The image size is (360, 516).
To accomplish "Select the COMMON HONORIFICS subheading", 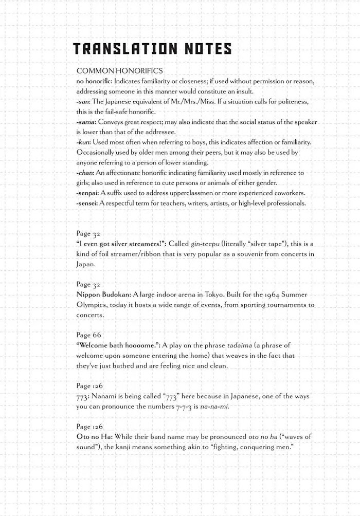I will click(x=119, y=70).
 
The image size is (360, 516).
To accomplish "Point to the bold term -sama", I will click(x=86, y=122).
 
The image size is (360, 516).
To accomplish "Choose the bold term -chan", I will click(x=86, y=173).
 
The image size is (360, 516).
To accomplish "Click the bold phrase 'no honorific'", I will click(x=94, y=82).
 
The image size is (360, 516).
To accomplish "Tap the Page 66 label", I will click(x=89, y=335).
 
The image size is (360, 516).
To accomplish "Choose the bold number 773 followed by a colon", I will click(x=83, y=396).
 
